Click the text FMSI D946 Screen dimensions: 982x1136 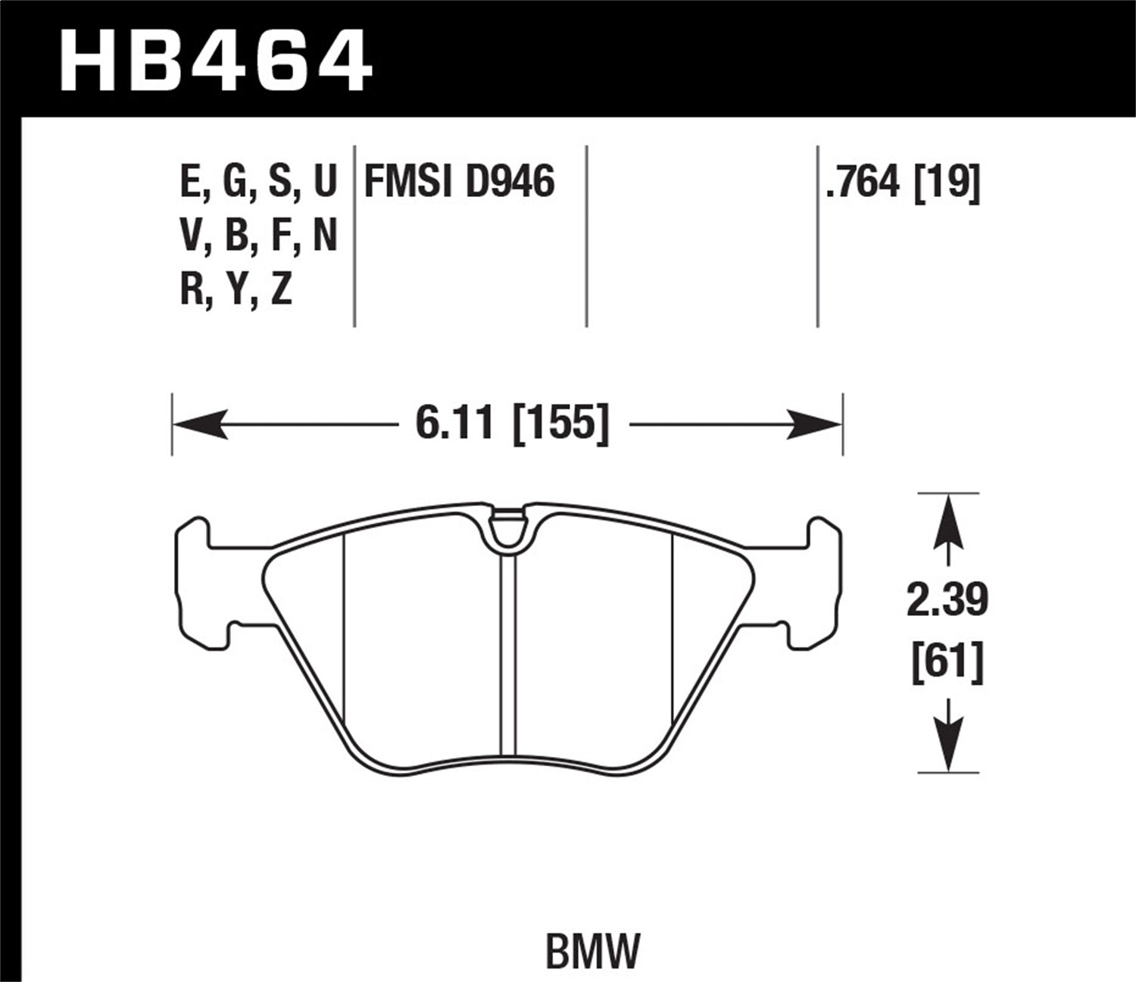[460, 183]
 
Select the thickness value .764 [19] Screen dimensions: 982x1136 [903, 183]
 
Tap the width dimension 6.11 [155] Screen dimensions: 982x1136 [512, 423]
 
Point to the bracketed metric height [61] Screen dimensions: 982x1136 [948, 661]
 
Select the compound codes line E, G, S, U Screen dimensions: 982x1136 [258, 183]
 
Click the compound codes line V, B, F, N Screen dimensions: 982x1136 [258, 237]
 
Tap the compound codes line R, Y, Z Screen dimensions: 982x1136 [236, 291]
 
